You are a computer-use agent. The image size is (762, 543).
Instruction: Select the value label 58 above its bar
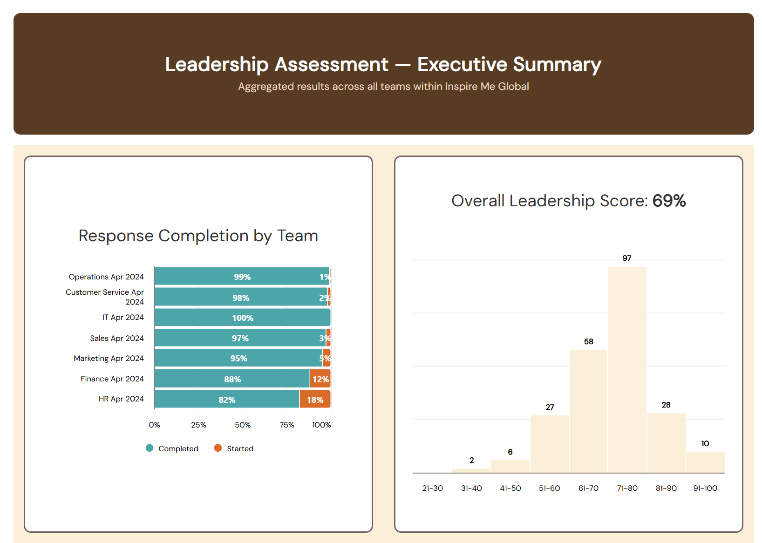(x=589, y=342)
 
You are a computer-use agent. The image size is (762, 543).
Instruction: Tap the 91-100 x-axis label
(x=705, y=488)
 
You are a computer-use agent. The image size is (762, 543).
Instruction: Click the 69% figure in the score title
(x=669, y=201)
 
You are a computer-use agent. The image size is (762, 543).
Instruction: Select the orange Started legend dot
(x=218, y=448)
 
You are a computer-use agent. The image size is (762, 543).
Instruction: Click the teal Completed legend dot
(x=150, y=448)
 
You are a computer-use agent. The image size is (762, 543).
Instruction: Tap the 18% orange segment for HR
(x=315, y=400)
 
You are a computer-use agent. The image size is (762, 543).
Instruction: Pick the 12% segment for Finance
(x=320, y=379)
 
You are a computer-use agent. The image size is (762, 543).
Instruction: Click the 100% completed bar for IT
(x=243, y=318)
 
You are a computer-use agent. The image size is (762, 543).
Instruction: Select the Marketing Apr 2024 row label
(x=109, y=358)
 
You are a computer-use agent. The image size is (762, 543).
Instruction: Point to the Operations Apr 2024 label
(x=106, y=277)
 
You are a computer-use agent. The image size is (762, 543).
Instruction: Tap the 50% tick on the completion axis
(x=243, y=425)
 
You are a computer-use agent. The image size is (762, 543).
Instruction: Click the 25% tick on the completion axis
(x=198, y=425)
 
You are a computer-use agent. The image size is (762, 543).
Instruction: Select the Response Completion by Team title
(x=198, y=236)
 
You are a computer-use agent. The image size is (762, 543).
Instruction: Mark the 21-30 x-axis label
(x=432, y=488)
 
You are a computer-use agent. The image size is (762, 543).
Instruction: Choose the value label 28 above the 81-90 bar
(x=666, y=405)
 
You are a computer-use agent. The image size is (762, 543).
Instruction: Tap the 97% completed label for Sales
(x=240, y=339)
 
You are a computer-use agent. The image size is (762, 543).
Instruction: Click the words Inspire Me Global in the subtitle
(x=487, y=87)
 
